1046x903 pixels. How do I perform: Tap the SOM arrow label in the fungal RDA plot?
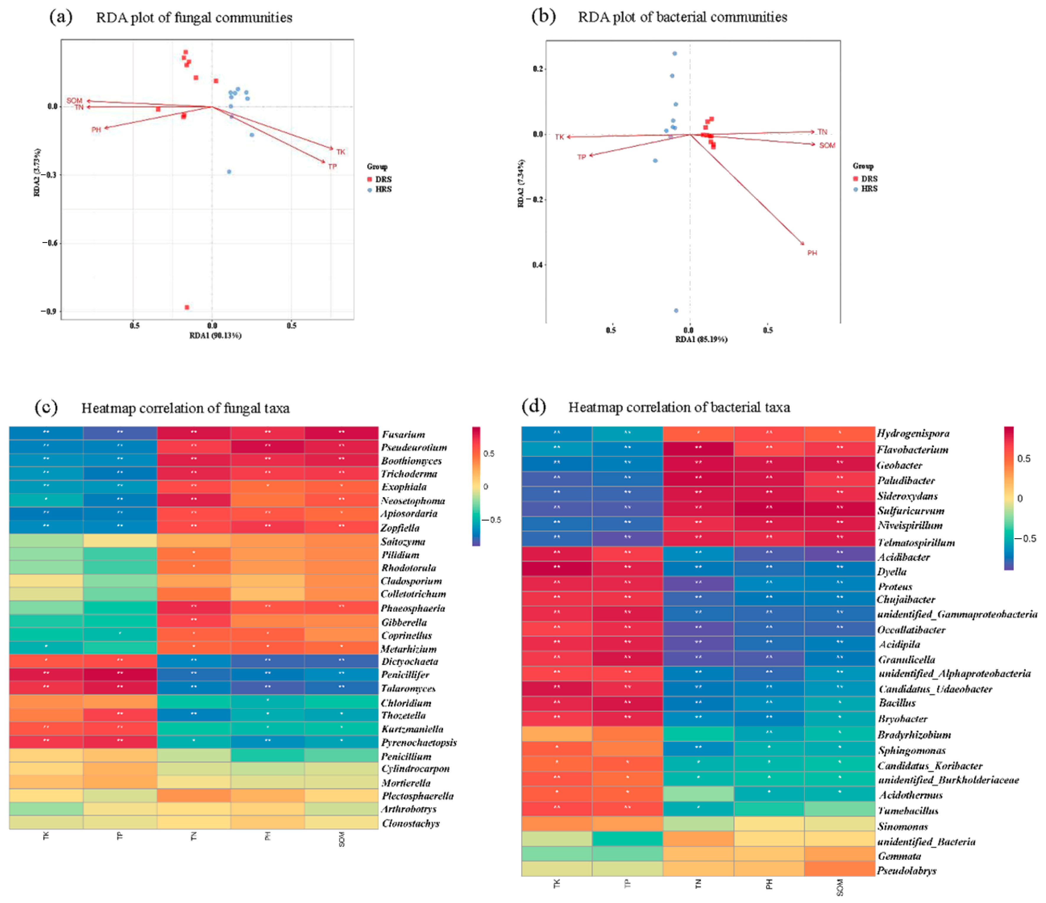coord(74,100)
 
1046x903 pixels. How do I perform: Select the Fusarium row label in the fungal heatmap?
coord(403,434)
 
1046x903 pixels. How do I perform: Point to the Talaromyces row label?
coord(408,688)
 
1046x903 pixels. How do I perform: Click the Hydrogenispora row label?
coord(913,433)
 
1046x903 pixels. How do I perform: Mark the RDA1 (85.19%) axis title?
coord(701,339)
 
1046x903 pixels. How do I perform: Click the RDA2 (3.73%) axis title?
coord(37,172)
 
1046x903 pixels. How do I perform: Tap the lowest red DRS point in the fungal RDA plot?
coord(187,307)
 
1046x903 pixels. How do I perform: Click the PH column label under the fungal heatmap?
coord(268,836)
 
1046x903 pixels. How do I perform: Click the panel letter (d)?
coord(534,406)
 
